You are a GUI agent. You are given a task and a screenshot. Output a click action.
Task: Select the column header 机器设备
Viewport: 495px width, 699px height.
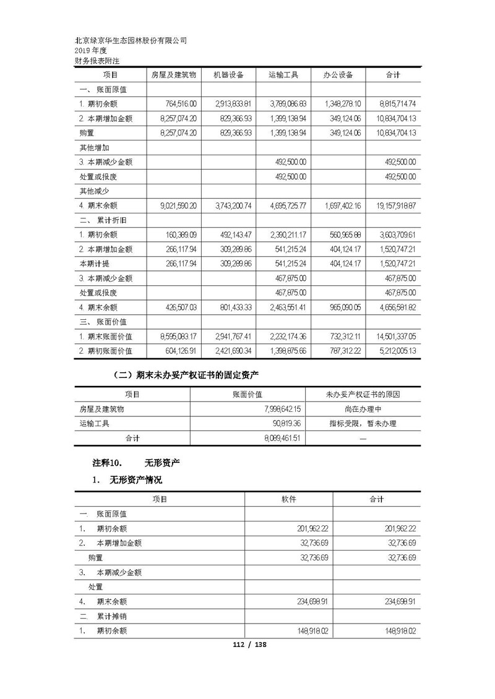(x=228, y=75)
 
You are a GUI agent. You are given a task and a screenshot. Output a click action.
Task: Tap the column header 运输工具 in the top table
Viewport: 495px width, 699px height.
(x=283, y=75)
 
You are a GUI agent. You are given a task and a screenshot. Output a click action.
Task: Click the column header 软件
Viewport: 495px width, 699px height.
(x=288, y=499)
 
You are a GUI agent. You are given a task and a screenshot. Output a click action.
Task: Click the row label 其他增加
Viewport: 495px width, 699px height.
(x=94, y=147)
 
